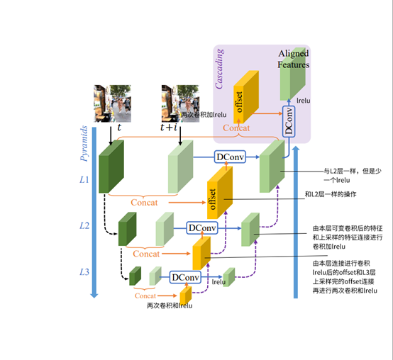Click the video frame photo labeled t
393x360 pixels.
[x=112, y=103]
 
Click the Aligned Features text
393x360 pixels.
[x=293, y=59]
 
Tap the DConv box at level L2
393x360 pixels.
[x=202, y=227]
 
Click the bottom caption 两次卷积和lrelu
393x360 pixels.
[x=169, y=305]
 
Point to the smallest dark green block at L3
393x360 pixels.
[x=135, y=276]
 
